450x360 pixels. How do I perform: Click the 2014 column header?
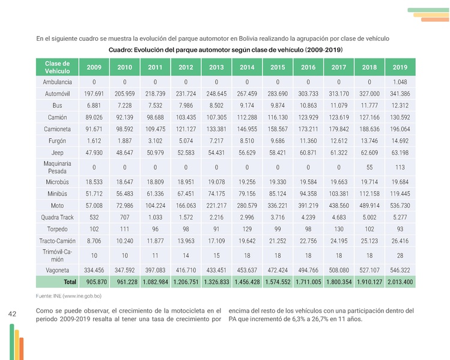(247, 67)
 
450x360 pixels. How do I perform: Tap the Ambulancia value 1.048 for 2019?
(400, 82)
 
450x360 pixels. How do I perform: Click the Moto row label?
(57, 206)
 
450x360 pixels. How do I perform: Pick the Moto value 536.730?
(400, 206)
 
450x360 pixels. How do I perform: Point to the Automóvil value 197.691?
(94, 94)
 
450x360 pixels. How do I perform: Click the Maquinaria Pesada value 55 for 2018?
(369, 167)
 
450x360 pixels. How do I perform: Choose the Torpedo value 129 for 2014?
(247, 230)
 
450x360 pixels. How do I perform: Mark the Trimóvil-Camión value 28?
(400, 255)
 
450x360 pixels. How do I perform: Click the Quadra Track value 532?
(94, 218)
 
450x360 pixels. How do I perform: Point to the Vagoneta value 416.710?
(186, 270)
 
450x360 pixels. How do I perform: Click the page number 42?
(13, 314)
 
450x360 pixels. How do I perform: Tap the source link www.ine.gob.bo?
(81, 296)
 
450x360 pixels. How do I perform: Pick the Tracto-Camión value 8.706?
(94, 241)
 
